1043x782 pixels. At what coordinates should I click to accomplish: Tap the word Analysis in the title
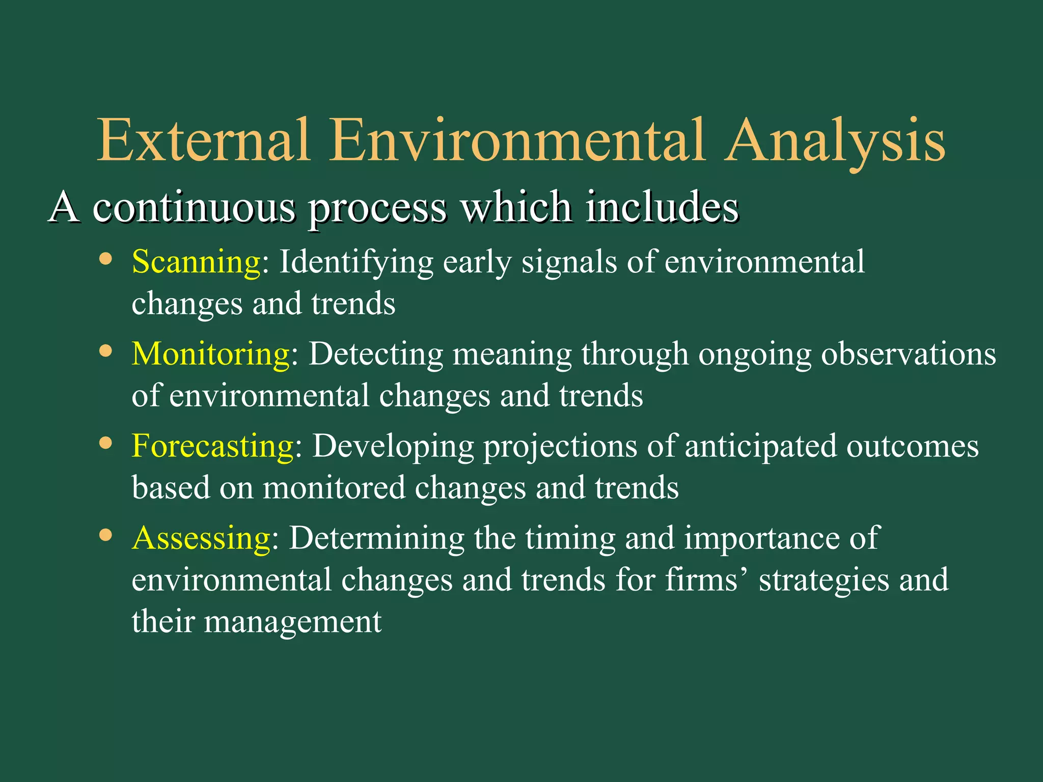click(835, 139)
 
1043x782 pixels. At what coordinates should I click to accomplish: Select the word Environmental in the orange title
click(517, 139)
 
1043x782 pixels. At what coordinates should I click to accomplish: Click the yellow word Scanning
click(196, 263)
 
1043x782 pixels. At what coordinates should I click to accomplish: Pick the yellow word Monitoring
click(210, 354)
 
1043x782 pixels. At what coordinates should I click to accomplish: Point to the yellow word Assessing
click(201, 538)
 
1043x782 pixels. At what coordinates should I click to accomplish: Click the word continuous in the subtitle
click(194, 207)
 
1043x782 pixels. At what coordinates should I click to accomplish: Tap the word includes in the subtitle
click(662, 207)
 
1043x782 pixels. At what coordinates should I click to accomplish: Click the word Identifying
click(355, 263)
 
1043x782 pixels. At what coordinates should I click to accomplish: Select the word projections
click(560, 447)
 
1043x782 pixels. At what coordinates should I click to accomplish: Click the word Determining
click(377, 538)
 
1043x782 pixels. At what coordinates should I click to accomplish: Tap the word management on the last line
click(293, 622)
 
